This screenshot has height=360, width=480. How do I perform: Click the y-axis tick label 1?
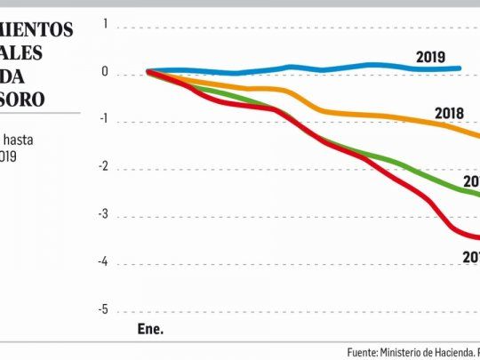pyautogui.click(x=105, y=25)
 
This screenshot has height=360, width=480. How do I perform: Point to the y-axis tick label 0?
pyautogui.click(x=105, y=73)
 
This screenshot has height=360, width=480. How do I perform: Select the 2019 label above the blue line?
pyautogui.click(x=431, y=58)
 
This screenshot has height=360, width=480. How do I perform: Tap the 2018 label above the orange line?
pyautogui.click(x=452, y=113)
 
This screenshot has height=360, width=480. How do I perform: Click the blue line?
pyautogui.click(x=293, y=67)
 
